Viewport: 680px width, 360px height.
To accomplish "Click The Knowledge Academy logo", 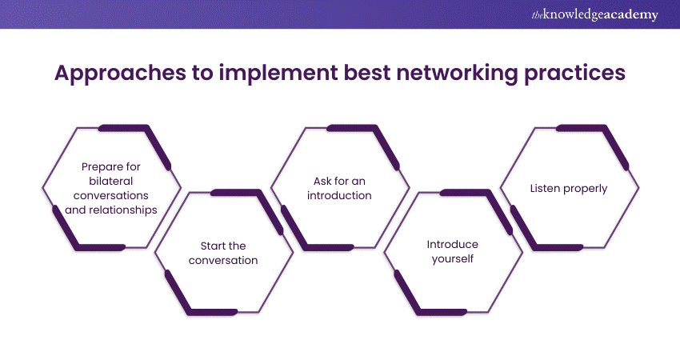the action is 594,14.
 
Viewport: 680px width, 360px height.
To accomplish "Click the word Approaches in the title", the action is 120,74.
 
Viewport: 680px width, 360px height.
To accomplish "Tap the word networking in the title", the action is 457,73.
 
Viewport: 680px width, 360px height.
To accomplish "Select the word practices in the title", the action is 574,74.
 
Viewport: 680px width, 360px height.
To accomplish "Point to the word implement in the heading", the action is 278,74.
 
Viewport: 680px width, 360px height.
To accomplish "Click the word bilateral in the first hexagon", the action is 111,181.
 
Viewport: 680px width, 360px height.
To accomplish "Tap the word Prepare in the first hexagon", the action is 102,167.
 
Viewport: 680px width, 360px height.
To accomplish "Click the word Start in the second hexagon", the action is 211,246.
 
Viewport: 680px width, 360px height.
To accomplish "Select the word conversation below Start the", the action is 223,260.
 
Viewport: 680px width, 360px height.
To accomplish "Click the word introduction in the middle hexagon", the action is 339,196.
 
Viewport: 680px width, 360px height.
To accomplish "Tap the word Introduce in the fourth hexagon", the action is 452,244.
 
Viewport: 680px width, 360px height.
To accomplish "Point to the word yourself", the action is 452,259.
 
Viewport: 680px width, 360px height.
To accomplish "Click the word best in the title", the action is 367,73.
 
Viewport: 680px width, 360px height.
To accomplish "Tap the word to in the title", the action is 202,74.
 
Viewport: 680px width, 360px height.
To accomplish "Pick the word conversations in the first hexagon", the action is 111,196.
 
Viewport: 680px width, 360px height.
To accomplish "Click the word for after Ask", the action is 342,181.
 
